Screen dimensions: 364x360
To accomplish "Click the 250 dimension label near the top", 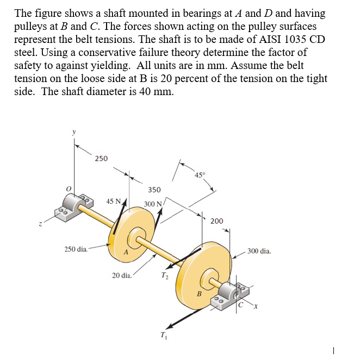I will [x=101, y=159].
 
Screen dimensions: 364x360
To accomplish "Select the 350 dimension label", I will [x=154, y=190].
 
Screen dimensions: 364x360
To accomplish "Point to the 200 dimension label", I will [x=216, y=221].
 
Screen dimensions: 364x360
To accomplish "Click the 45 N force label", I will [x=114, y=202].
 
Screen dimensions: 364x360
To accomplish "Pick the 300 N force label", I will [x=153, y=204].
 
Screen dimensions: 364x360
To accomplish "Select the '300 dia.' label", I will [x=259, y=251].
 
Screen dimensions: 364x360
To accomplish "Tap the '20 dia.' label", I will [x=122, y=275].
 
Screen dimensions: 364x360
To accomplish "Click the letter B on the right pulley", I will [x=199, y=294].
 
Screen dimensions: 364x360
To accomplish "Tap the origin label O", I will [x=69, y=189].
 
